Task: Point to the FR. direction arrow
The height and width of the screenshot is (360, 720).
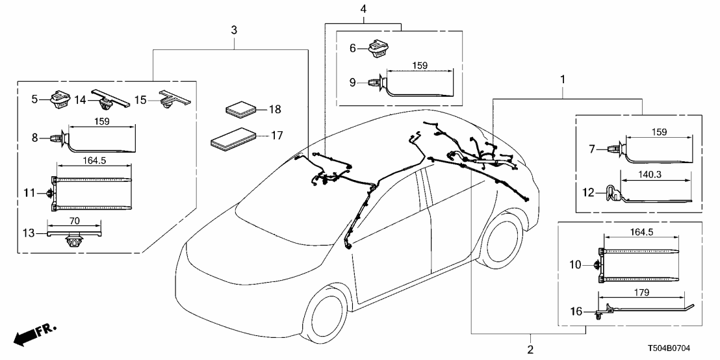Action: click(34, 334)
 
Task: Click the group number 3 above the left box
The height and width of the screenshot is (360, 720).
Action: click(233, 30)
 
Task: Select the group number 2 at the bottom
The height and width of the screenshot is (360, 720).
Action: click(531, 350)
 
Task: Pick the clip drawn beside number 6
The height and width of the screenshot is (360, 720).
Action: click(378, 49)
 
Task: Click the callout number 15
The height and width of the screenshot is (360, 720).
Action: click(140, 99)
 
